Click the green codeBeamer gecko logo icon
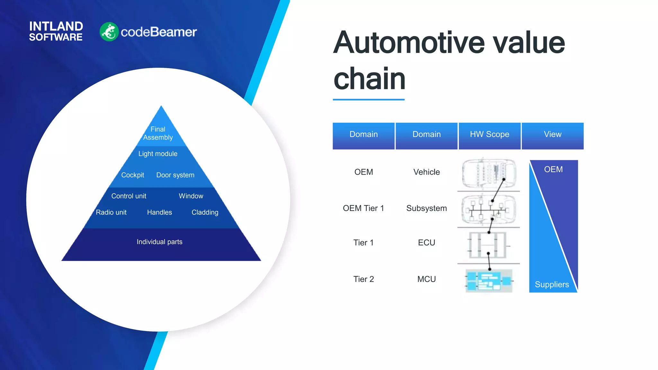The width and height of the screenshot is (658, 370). pos(109,32)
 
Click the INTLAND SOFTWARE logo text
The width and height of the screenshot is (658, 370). pos(56,31)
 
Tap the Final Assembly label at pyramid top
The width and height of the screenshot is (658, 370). pos(158,133)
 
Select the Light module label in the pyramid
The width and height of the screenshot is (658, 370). pos(158,154)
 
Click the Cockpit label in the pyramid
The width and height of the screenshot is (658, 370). pos(132,175)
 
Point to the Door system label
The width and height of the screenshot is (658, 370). pos(175,175)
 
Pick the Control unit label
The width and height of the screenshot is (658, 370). pos(129,196)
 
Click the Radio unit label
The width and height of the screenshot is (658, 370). pos(111,212)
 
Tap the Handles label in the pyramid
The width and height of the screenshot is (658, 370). pos(159,212)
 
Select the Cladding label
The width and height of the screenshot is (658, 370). pos(205,212)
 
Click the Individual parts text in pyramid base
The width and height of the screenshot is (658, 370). pos(159,242)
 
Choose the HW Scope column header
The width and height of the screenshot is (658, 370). pos(489,135)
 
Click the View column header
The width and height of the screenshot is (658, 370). pos(552,135)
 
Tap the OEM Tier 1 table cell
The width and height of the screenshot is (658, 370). pos(363,208)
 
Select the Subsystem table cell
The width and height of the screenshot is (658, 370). pos(426,208)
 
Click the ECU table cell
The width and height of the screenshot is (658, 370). pos(426,242)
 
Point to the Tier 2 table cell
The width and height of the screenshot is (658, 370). pos(363,279)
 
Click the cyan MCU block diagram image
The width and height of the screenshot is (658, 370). pos(488,280)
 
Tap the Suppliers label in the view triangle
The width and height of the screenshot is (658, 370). pos(552,285)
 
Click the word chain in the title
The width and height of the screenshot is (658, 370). pos(369,79)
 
